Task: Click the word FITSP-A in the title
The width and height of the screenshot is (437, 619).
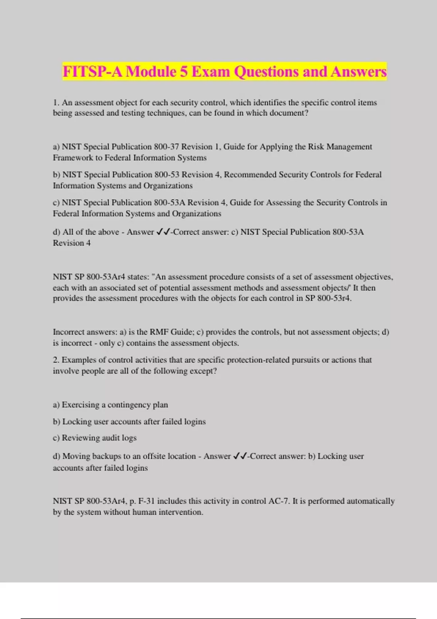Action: (x=92, y=71)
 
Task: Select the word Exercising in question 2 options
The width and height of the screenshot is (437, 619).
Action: (x=80, y=405)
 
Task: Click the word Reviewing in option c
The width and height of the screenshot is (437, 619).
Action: (x=80, y=438)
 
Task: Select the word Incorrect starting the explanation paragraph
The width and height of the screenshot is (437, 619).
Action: (x=68, y=332)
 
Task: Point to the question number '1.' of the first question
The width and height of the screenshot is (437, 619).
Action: (x=56, y=103)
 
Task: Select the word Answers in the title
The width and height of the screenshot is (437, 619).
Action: (x=358, y=71)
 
